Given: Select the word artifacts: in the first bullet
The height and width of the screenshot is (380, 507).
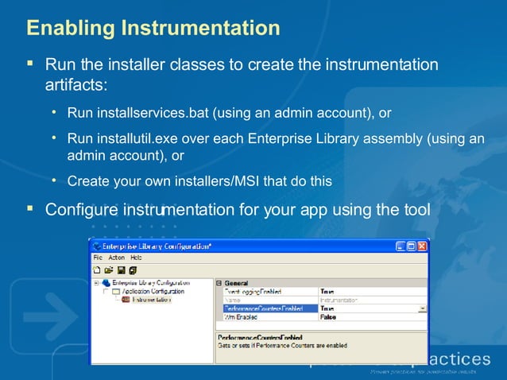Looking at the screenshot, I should point(76,83).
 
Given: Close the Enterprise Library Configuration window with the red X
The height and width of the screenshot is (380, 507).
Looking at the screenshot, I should point(421,247).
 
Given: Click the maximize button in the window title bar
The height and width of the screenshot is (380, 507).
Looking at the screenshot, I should point(410,247).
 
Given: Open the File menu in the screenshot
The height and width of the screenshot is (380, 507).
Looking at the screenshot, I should point(98,258).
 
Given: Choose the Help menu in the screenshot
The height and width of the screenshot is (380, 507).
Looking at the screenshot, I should point(136,258).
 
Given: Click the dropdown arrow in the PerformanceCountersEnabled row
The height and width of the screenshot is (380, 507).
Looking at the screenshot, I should point(422,308).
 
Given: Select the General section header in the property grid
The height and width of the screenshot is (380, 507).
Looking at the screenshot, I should point(237,282).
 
